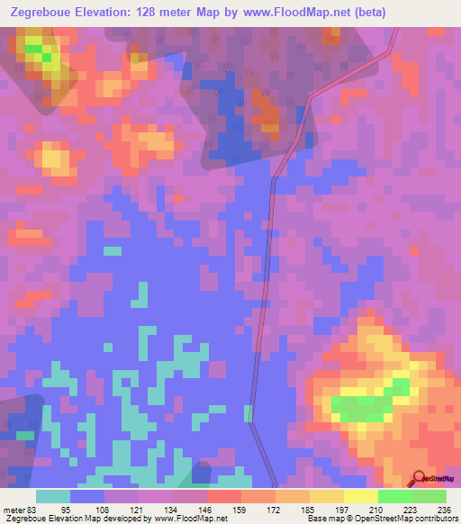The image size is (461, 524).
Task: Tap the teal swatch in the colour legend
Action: [x=52, y=496]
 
